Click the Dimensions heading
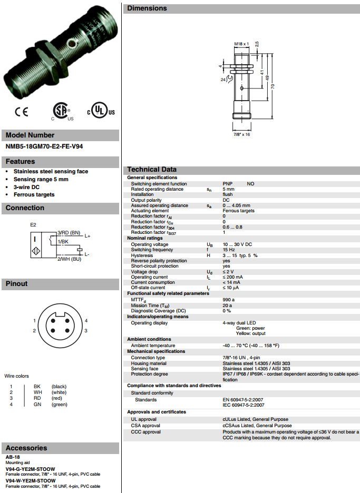(147, 8)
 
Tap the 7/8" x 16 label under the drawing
(241, 134)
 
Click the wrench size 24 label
(223, 79)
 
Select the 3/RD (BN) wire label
(69, 232)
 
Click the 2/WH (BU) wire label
(69, 259)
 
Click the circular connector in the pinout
(60, 323)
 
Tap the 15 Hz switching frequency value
(228, 250)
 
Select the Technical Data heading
(152, 170)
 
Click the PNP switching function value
(228, 184)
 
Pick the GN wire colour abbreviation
(37, 405)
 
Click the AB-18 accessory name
(13, 457)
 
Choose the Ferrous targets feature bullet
(34, 194)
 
